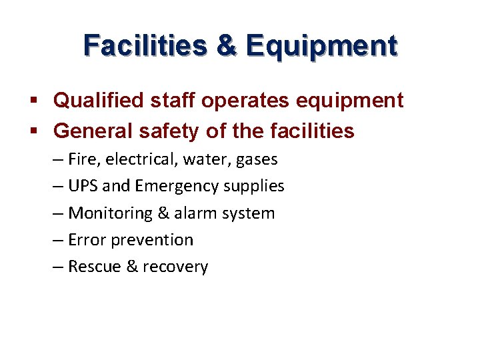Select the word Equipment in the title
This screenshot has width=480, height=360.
coord(321,46)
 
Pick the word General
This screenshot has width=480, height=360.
coord(92,131)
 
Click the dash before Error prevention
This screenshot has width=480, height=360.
coord(58,240)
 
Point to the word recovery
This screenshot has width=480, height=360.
coord(175,267)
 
